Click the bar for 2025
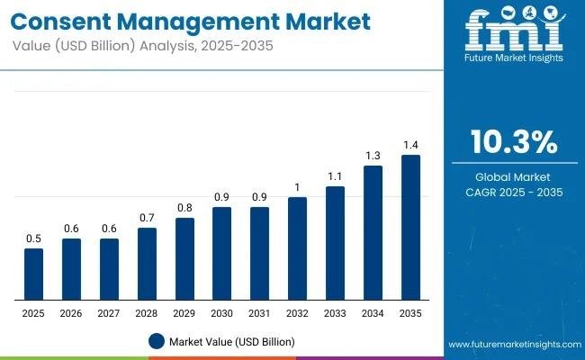coord(33,274)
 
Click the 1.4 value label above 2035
coord(410,144)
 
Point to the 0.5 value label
coord(33,238)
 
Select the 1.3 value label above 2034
coord(373,155)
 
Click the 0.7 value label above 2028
coord(147,217)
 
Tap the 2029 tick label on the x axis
coord(184,312)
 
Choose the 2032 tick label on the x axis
coord(297,312)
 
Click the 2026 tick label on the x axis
coord(71,312)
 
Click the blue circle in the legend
coord(157,341)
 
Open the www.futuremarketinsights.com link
coord(512,345)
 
